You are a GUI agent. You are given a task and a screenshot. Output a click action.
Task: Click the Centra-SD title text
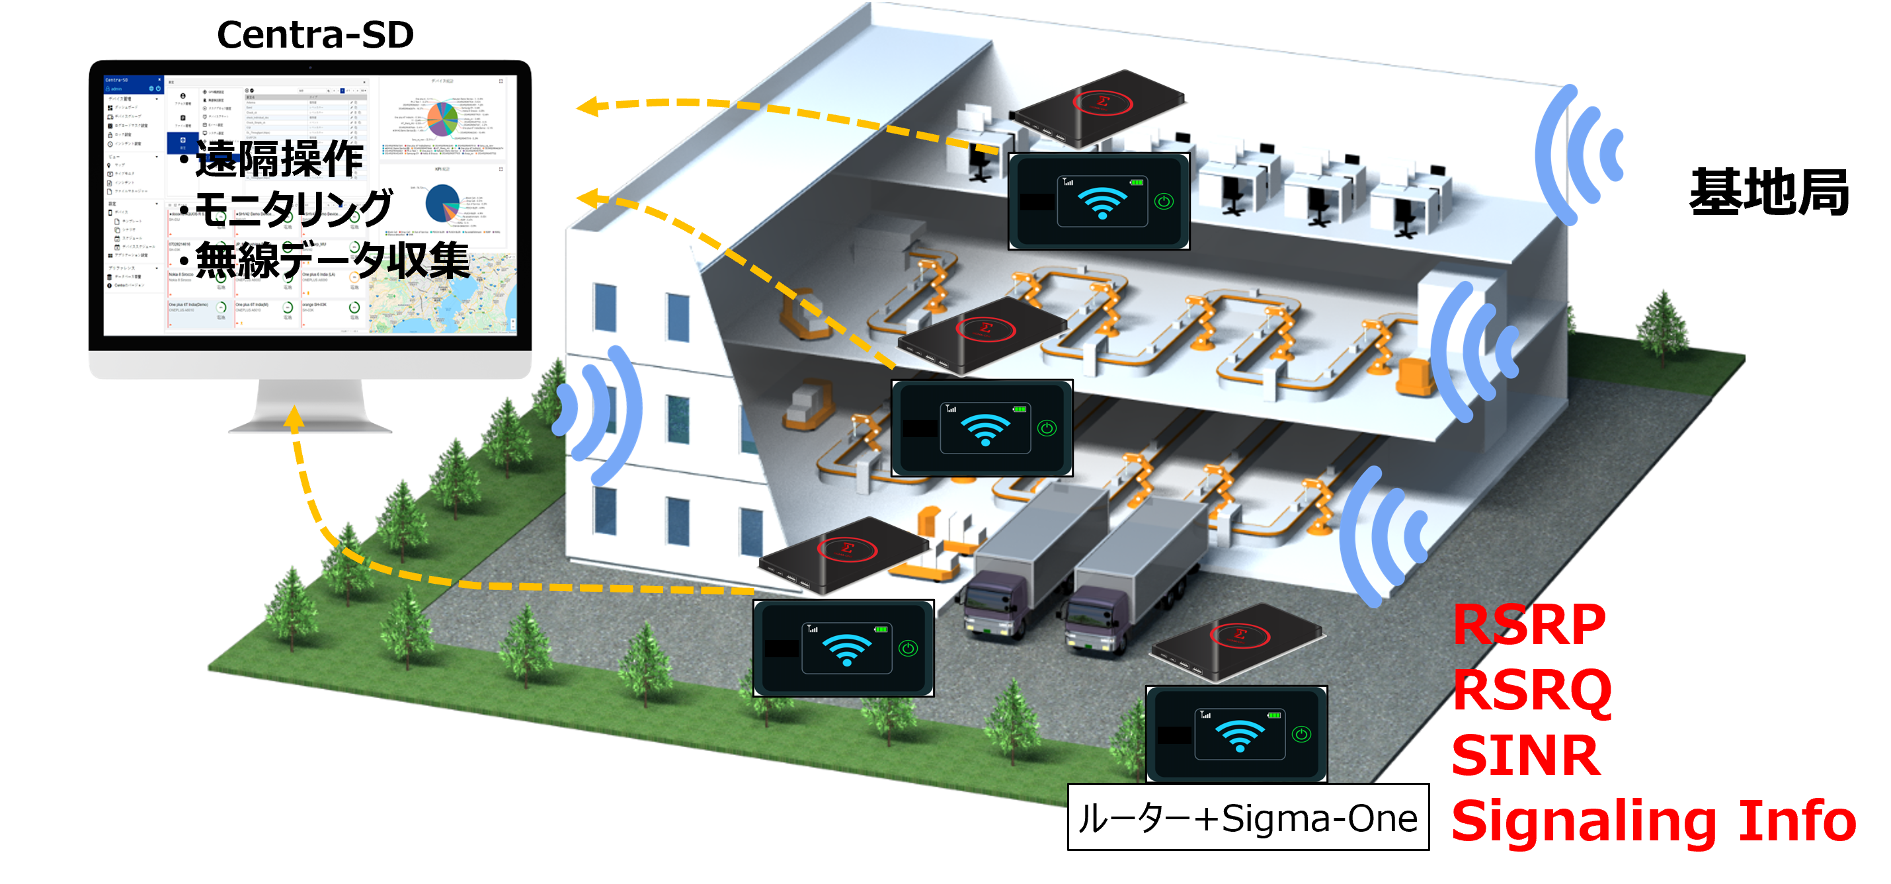[x=315, y=34]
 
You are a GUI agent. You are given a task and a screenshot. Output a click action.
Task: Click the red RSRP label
[x=1529, y=625]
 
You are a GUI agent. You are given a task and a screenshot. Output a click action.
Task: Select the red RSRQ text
[x=1532, y=690]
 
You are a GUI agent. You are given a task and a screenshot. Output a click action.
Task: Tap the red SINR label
[x=1525, y=756]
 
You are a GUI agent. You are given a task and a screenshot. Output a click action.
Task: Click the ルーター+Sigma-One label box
[x=1247, y=817]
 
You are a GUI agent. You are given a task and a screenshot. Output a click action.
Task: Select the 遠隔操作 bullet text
[x=279, y=159]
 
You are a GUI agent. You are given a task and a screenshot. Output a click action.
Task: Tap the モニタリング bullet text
[x=294, y=208]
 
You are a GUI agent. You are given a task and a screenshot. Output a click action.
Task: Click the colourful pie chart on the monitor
[x=442, y=118]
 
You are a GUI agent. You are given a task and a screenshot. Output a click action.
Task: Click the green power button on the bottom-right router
[x=1301, y=734]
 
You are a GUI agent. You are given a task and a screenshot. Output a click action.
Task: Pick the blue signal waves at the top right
[x=1578, y=155]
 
